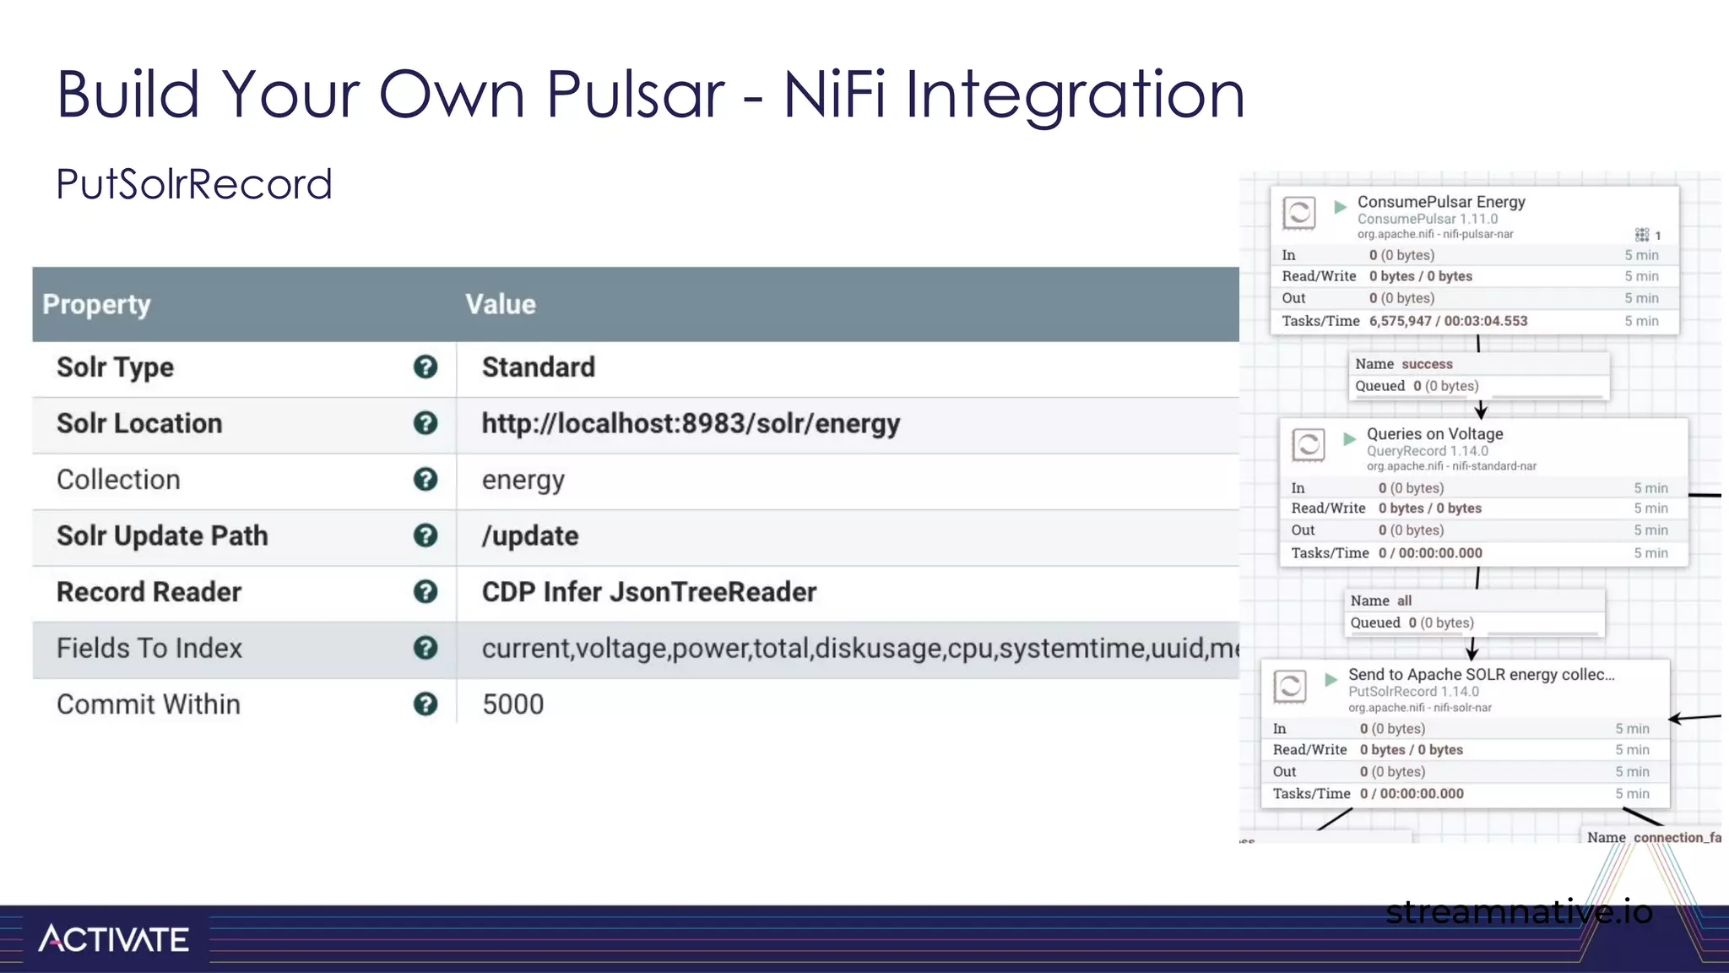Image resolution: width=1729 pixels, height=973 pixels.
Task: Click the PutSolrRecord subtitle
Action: (194, 184)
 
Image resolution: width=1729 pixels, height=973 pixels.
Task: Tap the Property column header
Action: (96, 304)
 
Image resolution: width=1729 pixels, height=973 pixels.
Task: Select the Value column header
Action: (500, 304)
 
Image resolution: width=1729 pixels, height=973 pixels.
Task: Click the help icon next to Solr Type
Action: (425, 367)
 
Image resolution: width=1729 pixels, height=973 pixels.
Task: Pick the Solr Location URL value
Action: (690, 423)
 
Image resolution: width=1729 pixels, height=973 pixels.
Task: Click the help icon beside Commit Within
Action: (425, 704)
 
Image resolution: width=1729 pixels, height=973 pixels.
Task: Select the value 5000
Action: (512, 704)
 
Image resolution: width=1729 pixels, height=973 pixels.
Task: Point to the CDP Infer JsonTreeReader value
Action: (648, 591)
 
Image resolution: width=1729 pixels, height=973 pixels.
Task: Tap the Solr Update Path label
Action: (162, 535)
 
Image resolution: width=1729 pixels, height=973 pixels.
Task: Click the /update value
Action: (529, 535)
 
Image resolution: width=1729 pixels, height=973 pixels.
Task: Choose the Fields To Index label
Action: (149, 648)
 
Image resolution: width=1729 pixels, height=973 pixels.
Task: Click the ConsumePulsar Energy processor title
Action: (1440, 202)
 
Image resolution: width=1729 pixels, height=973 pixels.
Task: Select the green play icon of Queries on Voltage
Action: (1349, 438)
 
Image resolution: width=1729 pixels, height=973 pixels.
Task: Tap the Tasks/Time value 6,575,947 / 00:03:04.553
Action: (1448, 321)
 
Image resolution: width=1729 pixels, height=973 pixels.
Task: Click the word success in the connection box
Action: (1427, 364)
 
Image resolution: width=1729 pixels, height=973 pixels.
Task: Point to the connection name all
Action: (1404, 601)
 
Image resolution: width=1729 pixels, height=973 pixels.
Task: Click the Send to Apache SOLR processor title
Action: (1481, 674)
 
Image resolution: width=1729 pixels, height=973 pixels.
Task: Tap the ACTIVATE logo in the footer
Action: (113, 938)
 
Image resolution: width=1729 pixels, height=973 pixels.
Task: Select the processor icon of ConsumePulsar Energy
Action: (1298, 212)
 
